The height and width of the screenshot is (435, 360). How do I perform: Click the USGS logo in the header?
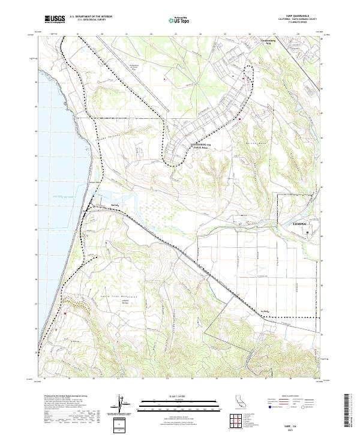55,19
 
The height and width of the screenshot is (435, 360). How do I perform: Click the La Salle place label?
266,311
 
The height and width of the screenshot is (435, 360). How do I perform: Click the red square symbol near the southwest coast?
65,313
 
